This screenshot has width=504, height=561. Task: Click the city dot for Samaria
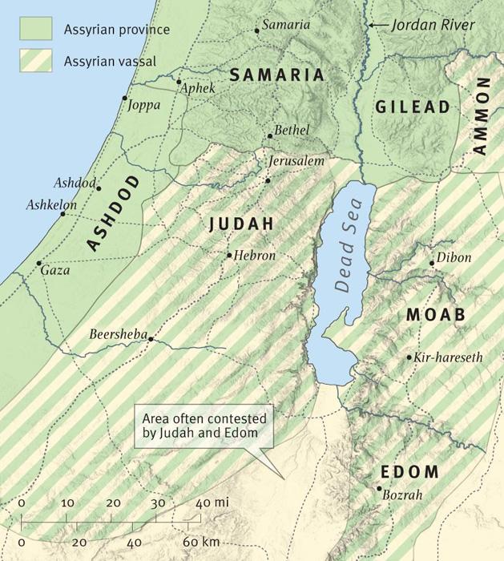(256, 30)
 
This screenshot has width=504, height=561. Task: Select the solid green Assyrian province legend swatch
(37, 30)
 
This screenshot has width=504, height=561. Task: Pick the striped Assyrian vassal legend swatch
(37, 59)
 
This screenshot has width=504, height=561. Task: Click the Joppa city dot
(125, 98)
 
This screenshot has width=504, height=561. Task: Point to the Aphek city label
(199, 88)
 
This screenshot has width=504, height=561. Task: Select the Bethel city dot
(270, 136)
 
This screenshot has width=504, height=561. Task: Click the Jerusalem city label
(296, 161)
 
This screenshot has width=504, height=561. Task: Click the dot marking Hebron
(229, 256)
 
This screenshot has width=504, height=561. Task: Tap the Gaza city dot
(38, 263)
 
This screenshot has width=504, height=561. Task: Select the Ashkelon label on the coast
(51, 205)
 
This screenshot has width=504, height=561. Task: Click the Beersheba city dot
(150, 339)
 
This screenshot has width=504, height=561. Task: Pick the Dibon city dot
(432, 263)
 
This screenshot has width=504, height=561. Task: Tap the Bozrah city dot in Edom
(378, 488)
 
